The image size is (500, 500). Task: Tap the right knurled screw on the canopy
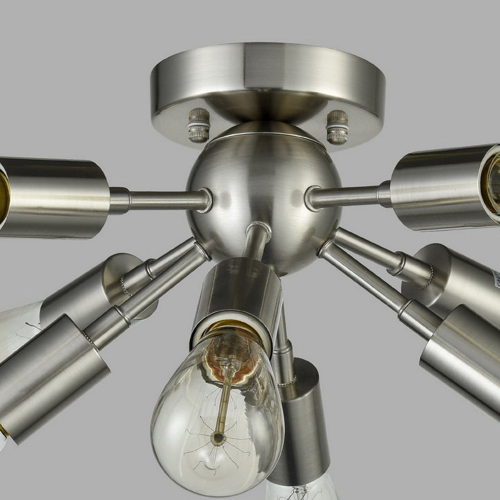point(337,126)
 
